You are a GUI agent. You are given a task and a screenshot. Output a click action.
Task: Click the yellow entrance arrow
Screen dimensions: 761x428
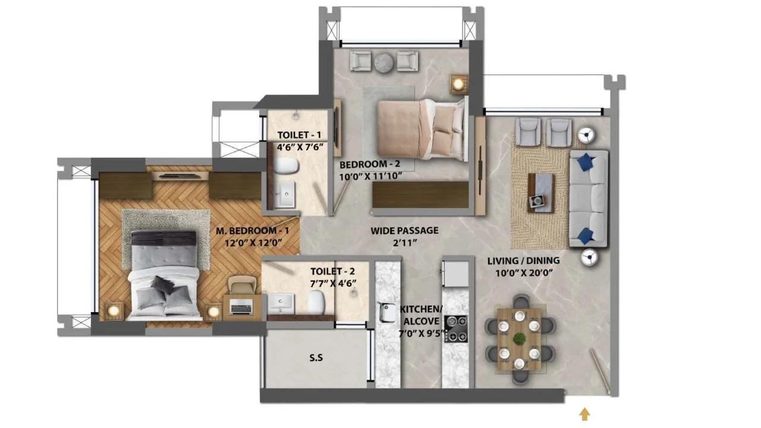click(x=584, y=414)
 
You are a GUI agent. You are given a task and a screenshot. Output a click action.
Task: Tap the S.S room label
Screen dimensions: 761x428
click(x=316, y=358)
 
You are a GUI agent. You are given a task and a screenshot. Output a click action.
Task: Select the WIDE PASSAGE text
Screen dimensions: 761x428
click(x=404, y=231)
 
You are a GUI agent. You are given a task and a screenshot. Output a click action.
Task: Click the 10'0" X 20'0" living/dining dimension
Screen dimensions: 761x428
click(x=524, y=273)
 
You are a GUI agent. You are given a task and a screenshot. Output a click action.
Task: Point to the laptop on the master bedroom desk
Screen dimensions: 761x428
click(x=241, y=309)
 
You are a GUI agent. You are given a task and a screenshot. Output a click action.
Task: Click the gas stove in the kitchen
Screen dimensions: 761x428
click(x=456, y=329)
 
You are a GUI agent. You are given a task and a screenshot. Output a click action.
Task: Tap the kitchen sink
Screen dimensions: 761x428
click(x=387, y=313)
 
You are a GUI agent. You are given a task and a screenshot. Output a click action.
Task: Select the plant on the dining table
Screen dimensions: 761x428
click(x=519, y=338)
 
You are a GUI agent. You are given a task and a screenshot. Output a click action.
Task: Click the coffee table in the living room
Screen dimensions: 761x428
click(x=541, y=193)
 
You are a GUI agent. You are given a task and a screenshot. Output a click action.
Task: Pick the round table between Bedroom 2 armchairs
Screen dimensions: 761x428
click(x=384, y=62)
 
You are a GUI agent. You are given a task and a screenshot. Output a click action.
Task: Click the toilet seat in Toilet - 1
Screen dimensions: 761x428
click(x=287, y=166)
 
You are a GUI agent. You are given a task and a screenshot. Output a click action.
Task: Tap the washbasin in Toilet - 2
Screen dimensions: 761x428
click(x=281, y=303)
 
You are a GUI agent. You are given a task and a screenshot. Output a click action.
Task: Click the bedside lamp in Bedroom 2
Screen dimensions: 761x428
click(x=459, y=84)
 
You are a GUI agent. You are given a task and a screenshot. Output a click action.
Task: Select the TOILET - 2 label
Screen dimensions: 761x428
click(x=332, y=272)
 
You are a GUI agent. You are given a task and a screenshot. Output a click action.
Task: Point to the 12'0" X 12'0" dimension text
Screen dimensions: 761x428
click(x=253, y=243)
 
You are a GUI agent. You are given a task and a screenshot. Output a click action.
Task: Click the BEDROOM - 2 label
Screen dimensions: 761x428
click(x=370, y=165)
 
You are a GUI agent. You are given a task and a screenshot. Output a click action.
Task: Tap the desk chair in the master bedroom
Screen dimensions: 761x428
click(x=242, y=284)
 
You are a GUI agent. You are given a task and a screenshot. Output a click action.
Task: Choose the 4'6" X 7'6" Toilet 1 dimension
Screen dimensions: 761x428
click(x=299, y=147)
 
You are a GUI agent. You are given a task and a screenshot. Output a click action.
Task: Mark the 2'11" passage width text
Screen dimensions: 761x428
click(x=404, y=243)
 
